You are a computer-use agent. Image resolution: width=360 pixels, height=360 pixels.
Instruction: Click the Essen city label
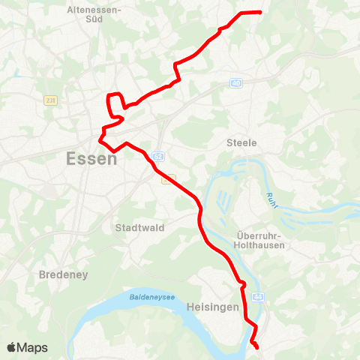point(91,159)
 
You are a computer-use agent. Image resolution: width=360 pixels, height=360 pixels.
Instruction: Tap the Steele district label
point(241,142)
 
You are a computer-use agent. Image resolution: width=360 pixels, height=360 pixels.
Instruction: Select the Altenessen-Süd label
point(95,15)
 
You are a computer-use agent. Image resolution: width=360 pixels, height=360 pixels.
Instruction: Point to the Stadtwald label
point(140,227)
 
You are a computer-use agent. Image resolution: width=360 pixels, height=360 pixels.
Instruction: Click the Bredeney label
point(64,274)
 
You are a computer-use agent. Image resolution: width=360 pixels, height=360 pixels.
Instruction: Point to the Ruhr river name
point(271,201)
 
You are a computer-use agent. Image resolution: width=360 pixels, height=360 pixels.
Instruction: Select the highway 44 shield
point(259,298)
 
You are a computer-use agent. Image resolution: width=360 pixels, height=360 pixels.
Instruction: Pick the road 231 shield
point(50,100)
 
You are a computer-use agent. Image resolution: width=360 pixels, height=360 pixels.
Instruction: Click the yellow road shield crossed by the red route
point(171,178)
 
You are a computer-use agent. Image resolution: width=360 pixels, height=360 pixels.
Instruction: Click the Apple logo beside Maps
point(12,347)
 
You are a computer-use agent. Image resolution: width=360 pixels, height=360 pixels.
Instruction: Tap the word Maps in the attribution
point(33,347)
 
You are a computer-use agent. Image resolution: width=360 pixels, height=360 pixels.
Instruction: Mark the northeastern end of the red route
point(259,12)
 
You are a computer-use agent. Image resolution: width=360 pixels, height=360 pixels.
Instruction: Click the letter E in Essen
point(72,159)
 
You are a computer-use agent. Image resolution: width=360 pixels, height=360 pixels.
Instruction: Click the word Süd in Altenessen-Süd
point(95,20)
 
